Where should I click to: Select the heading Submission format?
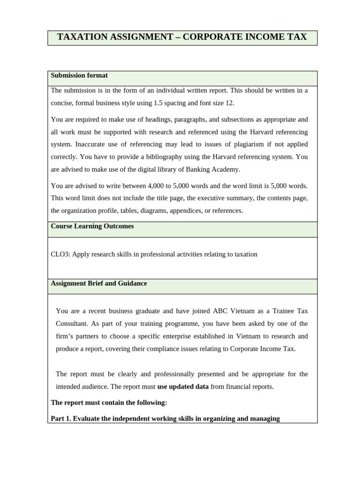[x=79, y=75]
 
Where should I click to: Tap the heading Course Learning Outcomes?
[x=92, y=226]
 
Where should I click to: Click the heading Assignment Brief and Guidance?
[x=98, y=284]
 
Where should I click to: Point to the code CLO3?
[x=60, y=255]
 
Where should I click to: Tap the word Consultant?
[x=72, y=323]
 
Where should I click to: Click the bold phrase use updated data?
[x=183, y=387]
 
